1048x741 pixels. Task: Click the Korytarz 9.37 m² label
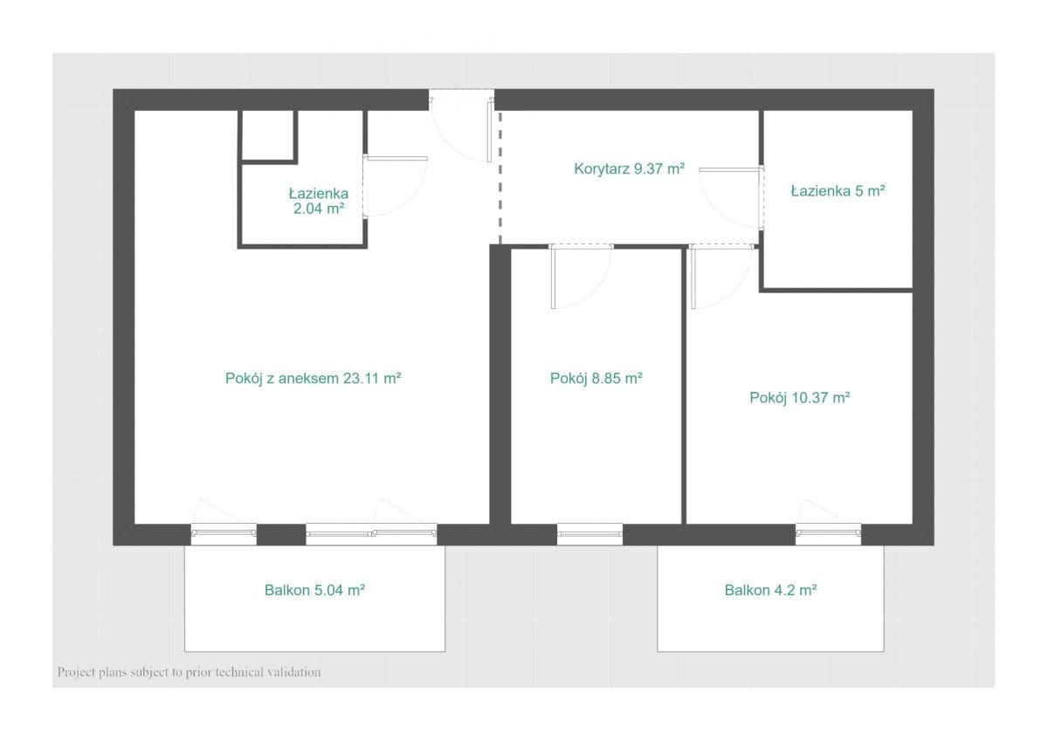(630, 168)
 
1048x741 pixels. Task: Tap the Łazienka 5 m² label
(838, 191)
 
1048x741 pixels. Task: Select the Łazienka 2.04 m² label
(319, 201)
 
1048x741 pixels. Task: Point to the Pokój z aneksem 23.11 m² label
(313, 378)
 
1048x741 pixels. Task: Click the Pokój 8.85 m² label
(596, 378)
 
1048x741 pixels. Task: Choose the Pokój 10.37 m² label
(800, 397)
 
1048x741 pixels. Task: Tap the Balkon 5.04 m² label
(314, 590)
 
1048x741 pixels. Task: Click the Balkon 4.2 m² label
(770, 590)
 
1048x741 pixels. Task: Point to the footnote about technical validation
(189, 672)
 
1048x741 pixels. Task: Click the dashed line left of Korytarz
(500, 178)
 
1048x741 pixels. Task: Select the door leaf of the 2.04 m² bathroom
(396, 159)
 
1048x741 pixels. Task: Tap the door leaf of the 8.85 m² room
(553, 278)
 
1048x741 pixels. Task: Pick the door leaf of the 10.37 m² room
(693, 278)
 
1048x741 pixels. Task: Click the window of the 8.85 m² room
(589, 534)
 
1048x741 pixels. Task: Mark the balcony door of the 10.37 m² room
(828, 534)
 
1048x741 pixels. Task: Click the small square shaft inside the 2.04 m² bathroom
(268, 137)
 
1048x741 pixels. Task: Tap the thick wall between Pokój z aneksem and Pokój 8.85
(500, 384)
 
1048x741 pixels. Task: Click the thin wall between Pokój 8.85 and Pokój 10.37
(684, 386)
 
